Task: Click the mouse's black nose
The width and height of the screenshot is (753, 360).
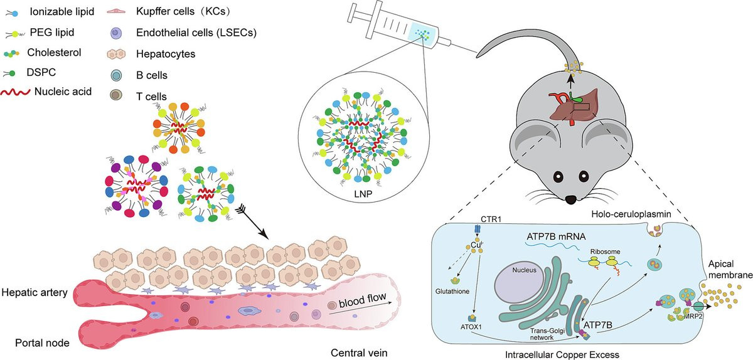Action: point(570,200)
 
